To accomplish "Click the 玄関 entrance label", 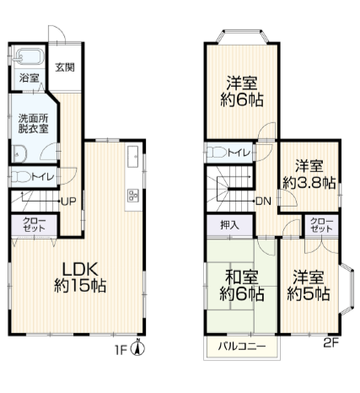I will tap(65, 68).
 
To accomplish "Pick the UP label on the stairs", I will tap(67, 201).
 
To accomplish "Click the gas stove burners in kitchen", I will tap(132, 196).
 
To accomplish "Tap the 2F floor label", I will tap(331, 342).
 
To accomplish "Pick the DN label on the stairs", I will tap(263, 201).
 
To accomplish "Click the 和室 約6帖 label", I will tap(241, 285).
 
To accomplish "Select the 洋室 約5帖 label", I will tap(309, 285).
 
